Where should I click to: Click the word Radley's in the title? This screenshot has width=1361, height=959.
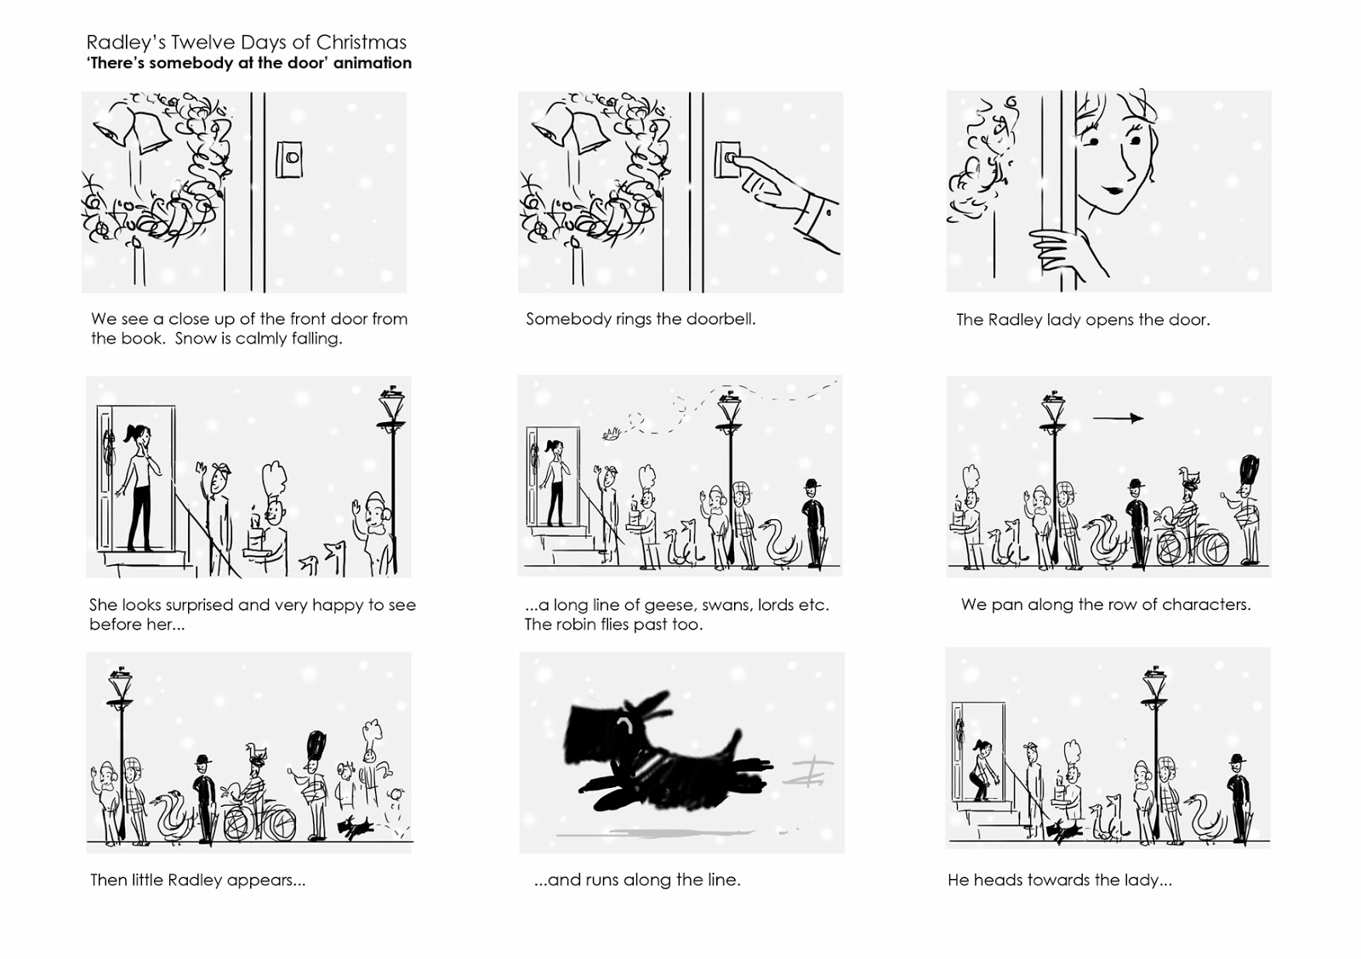[125, 43]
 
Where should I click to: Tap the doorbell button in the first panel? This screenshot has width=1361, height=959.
[293, 158]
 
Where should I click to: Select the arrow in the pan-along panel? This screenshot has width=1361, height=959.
[1118, 418]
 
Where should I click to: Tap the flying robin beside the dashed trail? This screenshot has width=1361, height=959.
[612, 433]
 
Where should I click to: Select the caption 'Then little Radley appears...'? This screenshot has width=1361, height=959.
[197, 880]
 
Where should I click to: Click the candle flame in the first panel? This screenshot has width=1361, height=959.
[137, 243]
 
